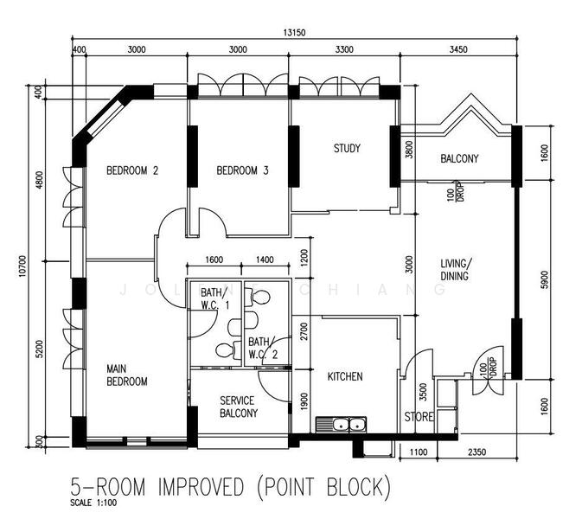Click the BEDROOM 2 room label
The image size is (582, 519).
coord(132,170)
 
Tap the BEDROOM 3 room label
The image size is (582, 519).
coord(242,170)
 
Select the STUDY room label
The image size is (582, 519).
coord(347,149)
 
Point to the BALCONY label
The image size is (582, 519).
coord(459,158)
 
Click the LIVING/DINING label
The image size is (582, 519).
coord(456,270)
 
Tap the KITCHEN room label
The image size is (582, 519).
coord(345,376)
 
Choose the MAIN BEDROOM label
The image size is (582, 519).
coord(127,375)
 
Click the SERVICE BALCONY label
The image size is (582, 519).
coord(239,407)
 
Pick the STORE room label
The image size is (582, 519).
coord(419,417)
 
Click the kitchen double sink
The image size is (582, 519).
coord(341,425)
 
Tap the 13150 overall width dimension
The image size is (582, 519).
coord(294,33)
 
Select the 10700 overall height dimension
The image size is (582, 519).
coord(22,266)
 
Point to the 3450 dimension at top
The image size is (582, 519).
coord(458,49)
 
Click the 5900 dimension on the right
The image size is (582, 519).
coord(544,280)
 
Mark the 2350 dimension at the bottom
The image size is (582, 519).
coord(477,452)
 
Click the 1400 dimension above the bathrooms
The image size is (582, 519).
coord(265,259)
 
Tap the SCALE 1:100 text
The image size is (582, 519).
coord(93,503)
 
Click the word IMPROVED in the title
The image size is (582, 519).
coord(201,487)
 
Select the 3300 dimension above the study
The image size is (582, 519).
coord(344,49)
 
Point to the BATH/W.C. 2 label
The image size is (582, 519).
coord(263,348)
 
